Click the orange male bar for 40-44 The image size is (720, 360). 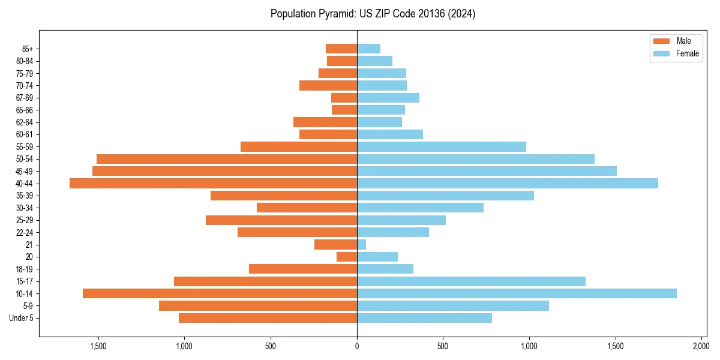(213, 184)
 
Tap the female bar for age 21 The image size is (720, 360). (362, 245)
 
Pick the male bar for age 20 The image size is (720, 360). (347, 257)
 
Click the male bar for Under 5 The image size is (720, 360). (268, 318)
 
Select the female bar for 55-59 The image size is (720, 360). (442, 147)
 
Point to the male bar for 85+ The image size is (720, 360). (341, 49)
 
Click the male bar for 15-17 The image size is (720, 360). (265, 281)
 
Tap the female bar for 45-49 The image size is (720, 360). (487, 171)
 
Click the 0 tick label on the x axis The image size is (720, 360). (357, 346)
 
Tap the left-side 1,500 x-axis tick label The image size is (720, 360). (98, 346)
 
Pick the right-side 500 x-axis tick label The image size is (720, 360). (443, 346)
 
